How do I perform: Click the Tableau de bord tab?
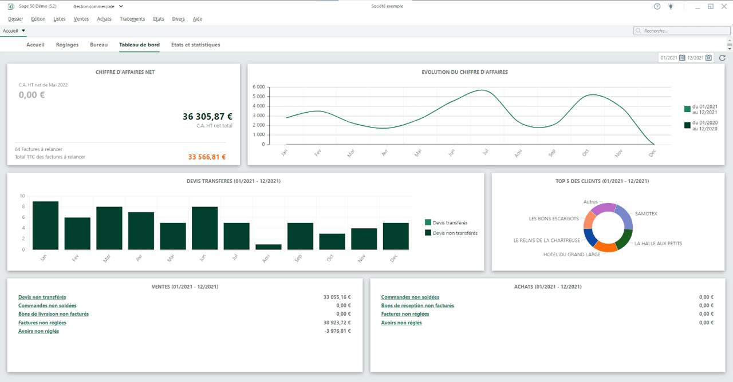[x=139, y=45]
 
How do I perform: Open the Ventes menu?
[x=81, y=19]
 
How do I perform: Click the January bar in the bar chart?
[x=45, y=226]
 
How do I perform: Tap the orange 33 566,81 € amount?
[x=207, y=157]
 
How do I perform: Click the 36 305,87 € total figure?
[x=207, y=117]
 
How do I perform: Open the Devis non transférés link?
[x=42, y=297]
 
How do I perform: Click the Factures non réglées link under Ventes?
[x=42, y=323]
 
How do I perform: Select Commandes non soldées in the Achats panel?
[x=410, y=297]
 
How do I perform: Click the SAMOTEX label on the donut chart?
[x=646, y=214]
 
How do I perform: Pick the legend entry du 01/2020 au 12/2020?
[x=704, y=125]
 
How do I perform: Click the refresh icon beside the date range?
[x=722, y=58]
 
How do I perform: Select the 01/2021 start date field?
[x=668, y=58]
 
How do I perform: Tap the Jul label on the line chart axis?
[x=486, y=153]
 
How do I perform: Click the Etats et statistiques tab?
[x=195, y=45]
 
